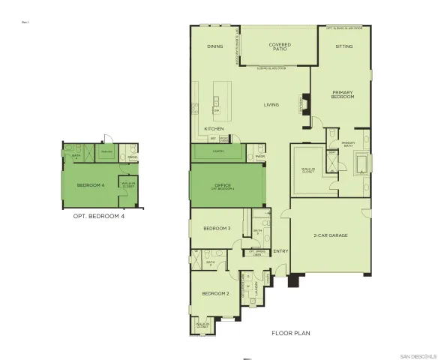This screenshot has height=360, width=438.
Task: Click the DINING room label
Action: (215, 46)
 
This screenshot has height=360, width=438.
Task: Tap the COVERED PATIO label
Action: (280, 48)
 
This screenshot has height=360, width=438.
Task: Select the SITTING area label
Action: (343, 46)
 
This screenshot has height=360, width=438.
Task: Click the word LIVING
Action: (271, 104)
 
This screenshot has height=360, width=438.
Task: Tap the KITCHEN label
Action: (214, 129)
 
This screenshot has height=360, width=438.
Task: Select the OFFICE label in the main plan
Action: (223, 184)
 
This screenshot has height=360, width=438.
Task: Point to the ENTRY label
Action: (280, 251)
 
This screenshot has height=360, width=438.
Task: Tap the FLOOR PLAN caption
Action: (291, 332)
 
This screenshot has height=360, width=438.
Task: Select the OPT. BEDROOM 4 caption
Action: (98, 216)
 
